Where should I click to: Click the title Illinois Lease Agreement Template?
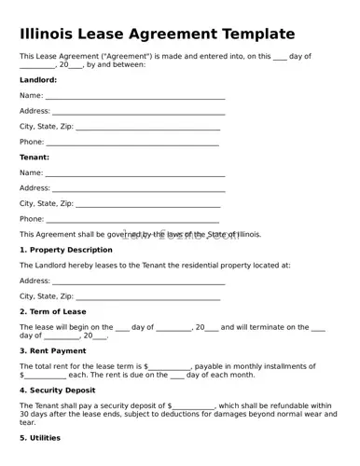(x=157, y=34)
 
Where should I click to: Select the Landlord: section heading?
(x=38, y=80)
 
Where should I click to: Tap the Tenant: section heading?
(x=35, y=157)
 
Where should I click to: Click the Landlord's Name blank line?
(x=135, y=97)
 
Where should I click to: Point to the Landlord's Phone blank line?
(x=132, y=144)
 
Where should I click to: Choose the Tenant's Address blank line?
(x=139, y=189)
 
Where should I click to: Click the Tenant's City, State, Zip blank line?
(x=147, y=205)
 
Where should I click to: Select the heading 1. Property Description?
(x=65, y=250)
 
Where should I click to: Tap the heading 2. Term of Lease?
(x=52, y=311)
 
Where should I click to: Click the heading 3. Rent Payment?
(x=52, y=350)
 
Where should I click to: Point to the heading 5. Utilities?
(x=40, y=437)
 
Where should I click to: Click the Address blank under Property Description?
(x=139, y=281)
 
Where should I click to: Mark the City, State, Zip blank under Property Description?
(x=147, y=297)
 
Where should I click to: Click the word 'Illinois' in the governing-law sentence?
(x=247, y=235)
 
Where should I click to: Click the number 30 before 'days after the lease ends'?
(x=24, y=415)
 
